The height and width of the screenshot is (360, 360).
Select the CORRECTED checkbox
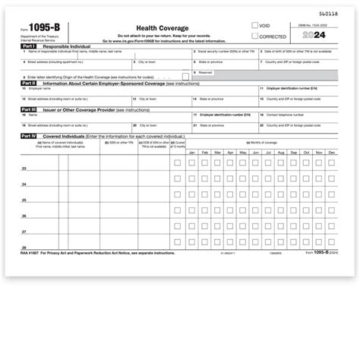(x=257, y=35)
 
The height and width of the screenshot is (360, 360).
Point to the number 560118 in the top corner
(x=329, y=14)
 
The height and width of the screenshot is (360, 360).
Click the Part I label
(x=27, y=46)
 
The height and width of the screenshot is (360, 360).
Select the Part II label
(x=28, y=84)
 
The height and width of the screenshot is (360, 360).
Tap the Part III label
(x=28, y=109)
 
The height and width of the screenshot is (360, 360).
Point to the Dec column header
(x=330, y=153)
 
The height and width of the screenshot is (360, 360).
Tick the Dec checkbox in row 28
(x=330, y=242)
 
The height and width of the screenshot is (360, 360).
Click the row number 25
(x=24, y=200)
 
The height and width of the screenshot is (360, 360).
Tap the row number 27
(x=24, y=232)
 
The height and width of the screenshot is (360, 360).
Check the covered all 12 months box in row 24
(x=177, y=178)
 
